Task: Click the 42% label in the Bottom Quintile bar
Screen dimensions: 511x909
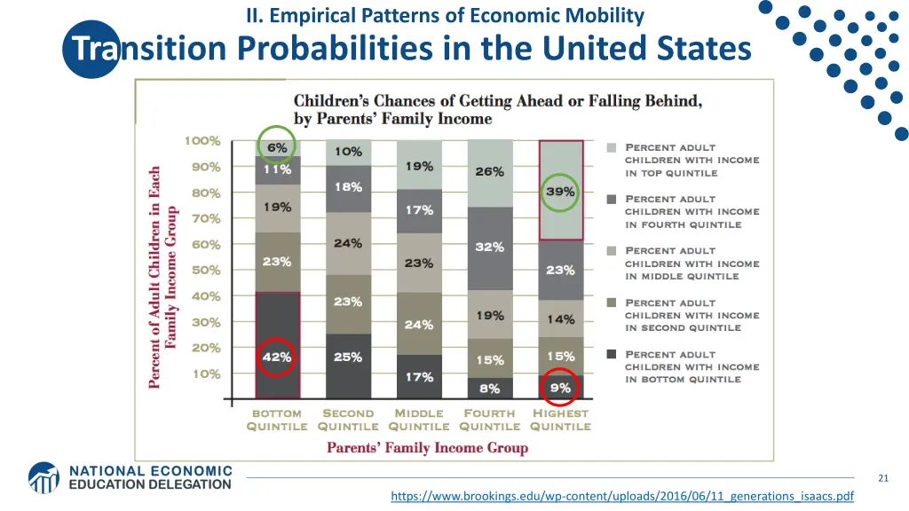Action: point(276,358)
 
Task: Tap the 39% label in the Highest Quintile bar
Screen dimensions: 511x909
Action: point(560,192)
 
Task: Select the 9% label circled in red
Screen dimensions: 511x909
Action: point(560,387)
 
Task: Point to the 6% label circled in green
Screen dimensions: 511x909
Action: point(277,148)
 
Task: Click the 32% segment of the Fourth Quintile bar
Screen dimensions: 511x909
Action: point(489,248)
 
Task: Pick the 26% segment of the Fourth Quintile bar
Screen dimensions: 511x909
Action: point(489,172)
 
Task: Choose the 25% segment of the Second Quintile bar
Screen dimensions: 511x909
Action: point(348,358)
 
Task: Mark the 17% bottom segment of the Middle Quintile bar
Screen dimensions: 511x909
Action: point(419,377)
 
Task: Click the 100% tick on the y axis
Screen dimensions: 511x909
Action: point(202,141)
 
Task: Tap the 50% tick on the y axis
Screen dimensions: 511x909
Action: point(205,271)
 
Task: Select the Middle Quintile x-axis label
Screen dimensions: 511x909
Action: point(419,420)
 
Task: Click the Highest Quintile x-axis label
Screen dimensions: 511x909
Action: point(560,420)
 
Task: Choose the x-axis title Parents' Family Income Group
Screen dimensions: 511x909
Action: point(427,448)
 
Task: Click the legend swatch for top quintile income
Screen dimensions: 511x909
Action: point(612,148)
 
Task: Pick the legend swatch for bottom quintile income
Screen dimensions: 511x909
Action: point(612,355)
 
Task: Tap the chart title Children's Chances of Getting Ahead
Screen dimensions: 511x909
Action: point(497,109)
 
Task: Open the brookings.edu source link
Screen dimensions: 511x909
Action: point(621,497)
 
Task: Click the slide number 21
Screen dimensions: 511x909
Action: point(883,479)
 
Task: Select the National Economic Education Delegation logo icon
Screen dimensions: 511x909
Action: point(43,477)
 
